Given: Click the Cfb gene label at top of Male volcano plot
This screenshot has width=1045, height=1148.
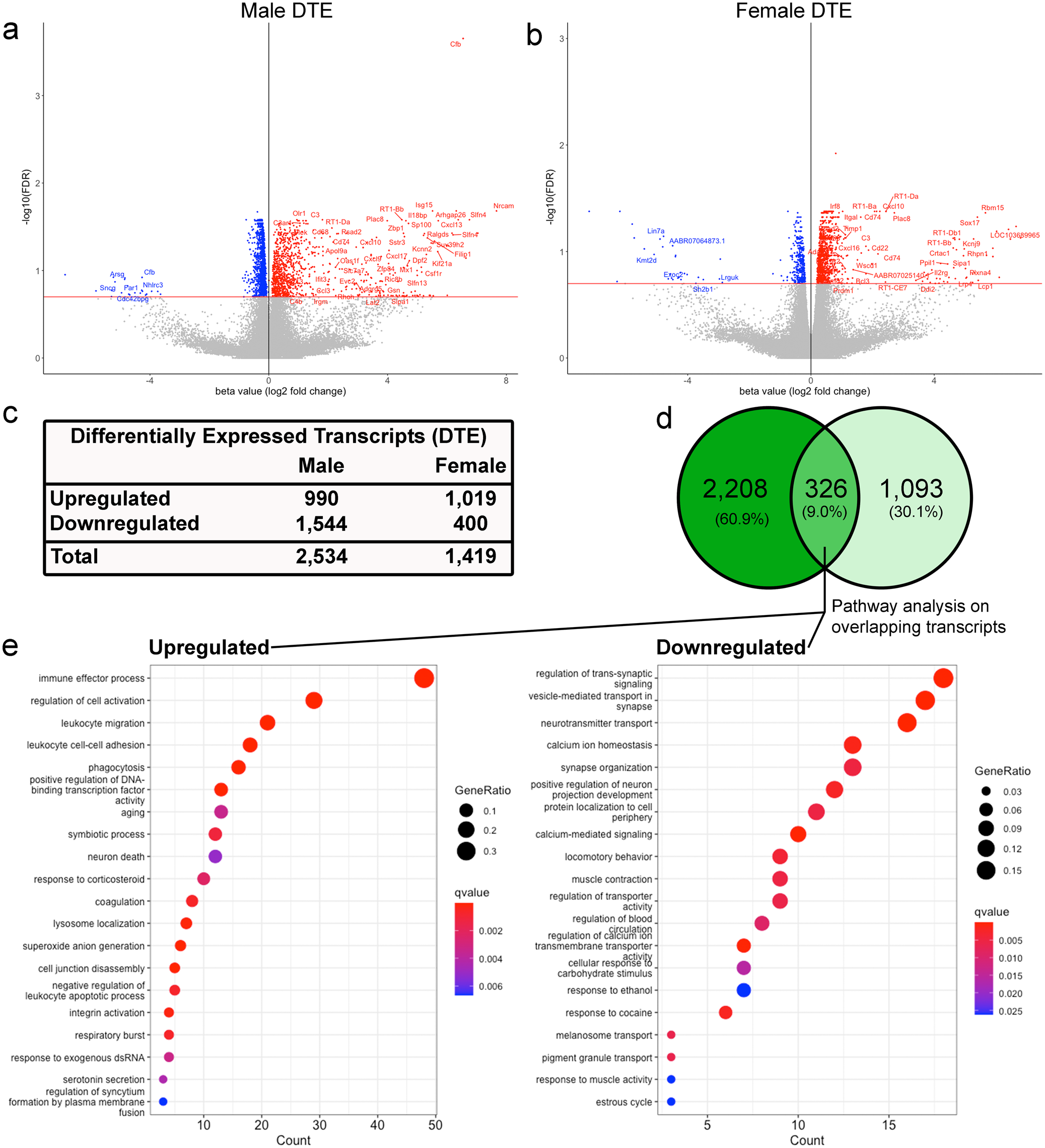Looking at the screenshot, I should [x=455, y=44].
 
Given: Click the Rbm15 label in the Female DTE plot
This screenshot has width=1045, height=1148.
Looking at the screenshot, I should [x=992, y=207].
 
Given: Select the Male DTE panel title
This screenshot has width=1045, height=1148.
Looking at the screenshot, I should [x=286, y=10].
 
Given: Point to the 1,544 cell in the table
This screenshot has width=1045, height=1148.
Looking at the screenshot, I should [x=321, y=523].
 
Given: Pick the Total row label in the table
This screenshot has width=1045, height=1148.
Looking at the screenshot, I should [x=74, y=556].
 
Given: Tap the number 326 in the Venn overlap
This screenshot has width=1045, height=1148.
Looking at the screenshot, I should [x=825, y=489].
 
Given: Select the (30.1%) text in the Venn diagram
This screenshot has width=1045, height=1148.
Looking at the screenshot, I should [x=916, y=511].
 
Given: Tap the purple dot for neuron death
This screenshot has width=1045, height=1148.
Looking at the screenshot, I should [x=215, y=856].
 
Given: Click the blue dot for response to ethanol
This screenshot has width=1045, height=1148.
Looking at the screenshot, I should [x=743, y=989].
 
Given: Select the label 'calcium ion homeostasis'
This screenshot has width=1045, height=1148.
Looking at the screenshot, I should [x=599, y=745].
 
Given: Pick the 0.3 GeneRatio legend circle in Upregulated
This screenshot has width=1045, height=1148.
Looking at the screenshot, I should [x=466, y=851].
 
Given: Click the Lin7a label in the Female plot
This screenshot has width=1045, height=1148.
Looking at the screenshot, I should [x=655, y=231].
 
